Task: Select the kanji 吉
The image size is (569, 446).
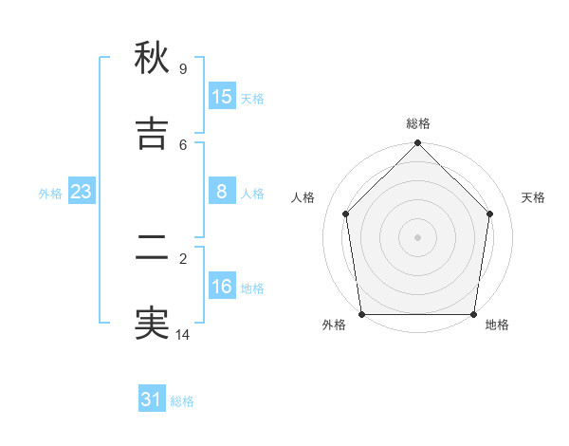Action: (152, 135)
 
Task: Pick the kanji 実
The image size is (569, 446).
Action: (152, 324)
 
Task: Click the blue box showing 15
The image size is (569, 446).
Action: (222, 97)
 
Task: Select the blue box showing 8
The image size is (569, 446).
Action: (222, 192)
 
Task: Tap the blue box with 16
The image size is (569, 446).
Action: (222, 287)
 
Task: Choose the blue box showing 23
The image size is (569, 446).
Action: (81, 192)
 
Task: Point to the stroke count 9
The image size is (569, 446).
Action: (183, 69)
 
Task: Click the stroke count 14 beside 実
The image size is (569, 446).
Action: (183, 334)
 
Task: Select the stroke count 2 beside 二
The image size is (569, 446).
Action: (183, 257)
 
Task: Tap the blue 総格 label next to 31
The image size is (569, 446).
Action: (182, 401)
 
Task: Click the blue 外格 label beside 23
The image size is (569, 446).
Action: (50, 194)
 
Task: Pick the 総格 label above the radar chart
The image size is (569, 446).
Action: (418, 123)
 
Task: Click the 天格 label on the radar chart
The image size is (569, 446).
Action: (534, 197)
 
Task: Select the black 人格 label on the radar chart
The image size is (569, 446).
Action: (303, 197)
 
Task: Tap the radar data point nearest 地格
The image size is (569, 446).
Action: (473, 314)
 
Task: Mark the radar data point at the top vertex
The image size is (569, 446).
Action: (418, 144)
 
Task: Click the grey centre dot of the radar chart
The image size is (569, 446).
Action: (418, 237)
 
